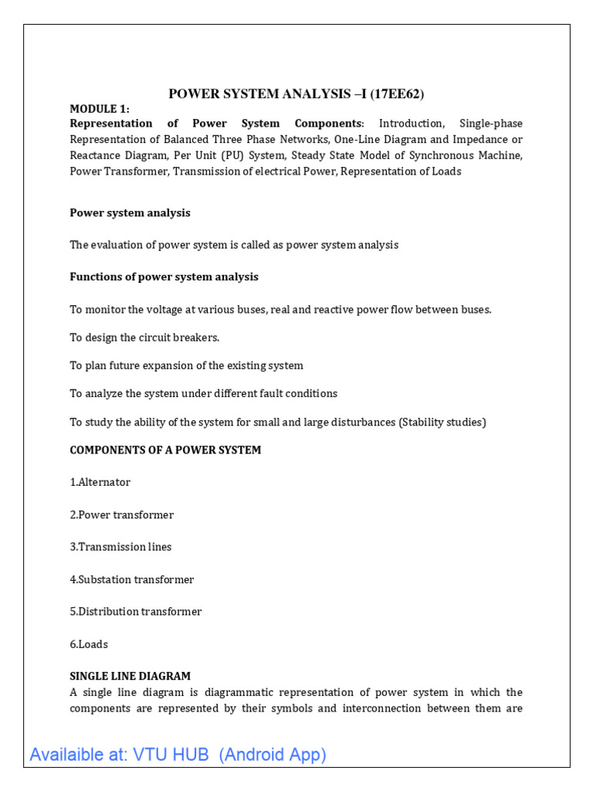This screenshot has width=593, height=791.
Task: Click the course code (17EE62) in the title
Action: click(398, 94)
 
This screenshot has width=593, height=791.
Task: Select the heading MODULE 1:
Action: click(100, 109)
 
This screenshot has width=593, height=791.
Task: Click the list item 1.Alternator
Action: click(100, 482)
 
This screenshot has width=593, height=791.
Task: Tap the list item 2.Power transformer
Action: click(122, 514)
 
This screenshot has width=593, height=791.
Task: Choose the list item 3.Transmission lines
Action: click(121, 547)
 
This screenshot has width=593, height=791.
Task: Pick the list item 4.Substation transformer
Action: click(132, 579)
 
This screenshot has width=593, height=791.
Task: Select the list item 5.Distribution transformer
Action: click(136, 612)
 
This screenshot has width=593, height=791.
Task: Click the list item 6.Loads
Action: click(89, 644)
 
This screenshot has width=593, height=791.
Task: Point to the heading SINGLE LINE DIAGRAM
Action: click(130, 676)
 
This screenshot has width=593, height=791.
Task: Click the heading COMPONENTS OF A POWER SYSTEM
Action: click(165, 450)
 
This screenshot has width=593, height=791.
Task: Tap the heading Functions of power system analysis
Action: click(164, 277)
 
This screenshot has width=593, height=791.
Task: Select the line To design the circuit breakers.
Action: click(145, 338)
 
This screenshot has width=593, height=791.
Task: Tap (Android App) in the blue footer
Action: click(273, 755)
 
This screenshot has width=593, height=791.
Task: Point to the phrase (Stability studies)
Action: click(442, 423)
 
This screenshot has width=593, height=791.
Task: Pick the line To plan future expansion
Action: click(186, 365)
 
